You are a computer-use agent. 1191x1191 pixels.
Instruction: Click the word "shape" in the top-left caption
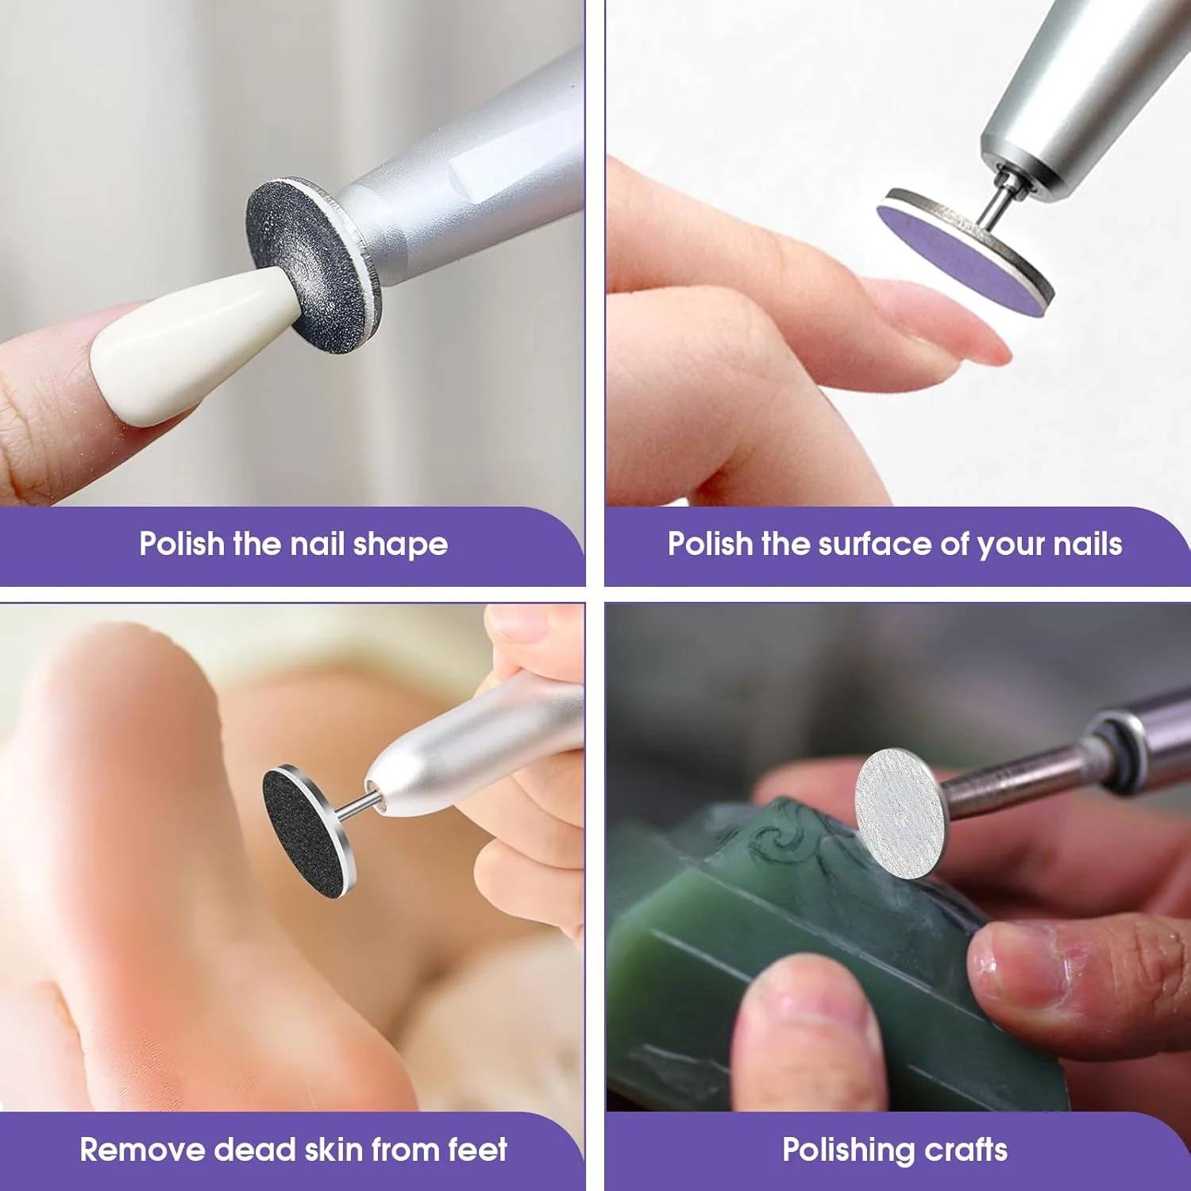(400, 545)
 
